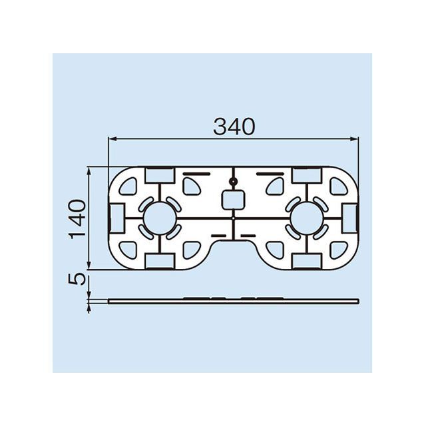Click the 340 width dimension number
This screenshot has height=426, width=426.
tap(234, 126)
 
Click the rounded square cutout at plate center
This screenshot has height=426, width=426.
tap(232, 199)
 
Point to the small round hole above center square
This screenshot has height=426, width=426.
tap(232, 182)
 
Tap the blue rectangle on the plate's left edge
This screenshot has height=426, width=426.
tap(114, 216)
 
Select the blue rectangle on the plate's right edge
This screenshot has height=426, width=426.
tap(351, 216)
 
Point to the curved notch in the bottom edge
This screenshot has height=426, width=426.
tap(233, 246)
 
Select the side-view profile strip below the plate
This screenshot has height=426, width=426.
tap(233, 300)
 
